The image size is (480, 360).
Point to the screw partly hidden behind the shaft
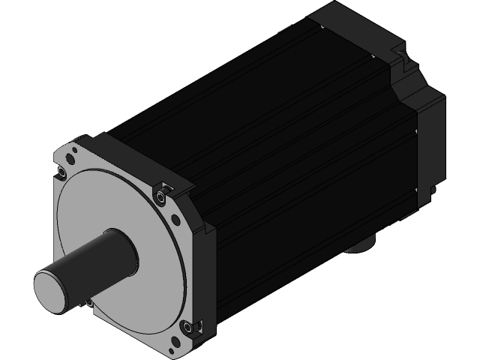88,303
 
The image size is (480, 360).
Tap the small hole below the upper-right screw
174,219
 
